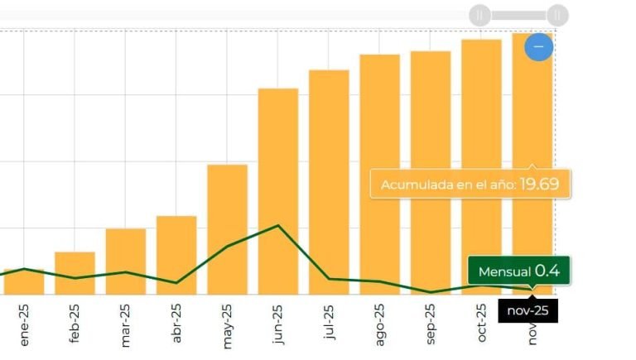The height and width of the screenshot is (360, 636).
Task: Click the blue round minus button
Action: pos(538,46)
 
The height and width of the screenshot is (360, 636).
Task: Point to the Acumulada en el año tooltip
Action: pos(470,185)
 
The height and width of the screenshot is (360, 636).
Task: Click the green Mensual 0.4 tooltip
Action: pos(518,271)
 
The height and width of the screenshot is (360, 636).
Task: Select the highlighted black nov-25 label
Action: pos(528,311)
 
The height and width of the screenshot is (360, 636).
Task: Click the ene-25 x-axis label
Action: pos(24,324)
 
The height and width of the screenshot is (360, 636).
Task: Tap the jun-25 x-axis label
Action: pos(278,324)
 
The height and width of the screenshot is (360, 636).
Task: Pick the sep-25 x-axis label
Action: pos(431,324)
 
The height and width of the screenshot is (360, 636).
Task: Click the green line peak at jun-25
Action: pos(278,225)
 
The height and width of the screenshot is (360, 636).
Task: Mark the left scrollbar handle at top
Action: pos(480,15)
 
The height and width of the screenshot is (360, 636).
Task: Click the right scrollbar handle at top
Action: pos(557,15)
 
